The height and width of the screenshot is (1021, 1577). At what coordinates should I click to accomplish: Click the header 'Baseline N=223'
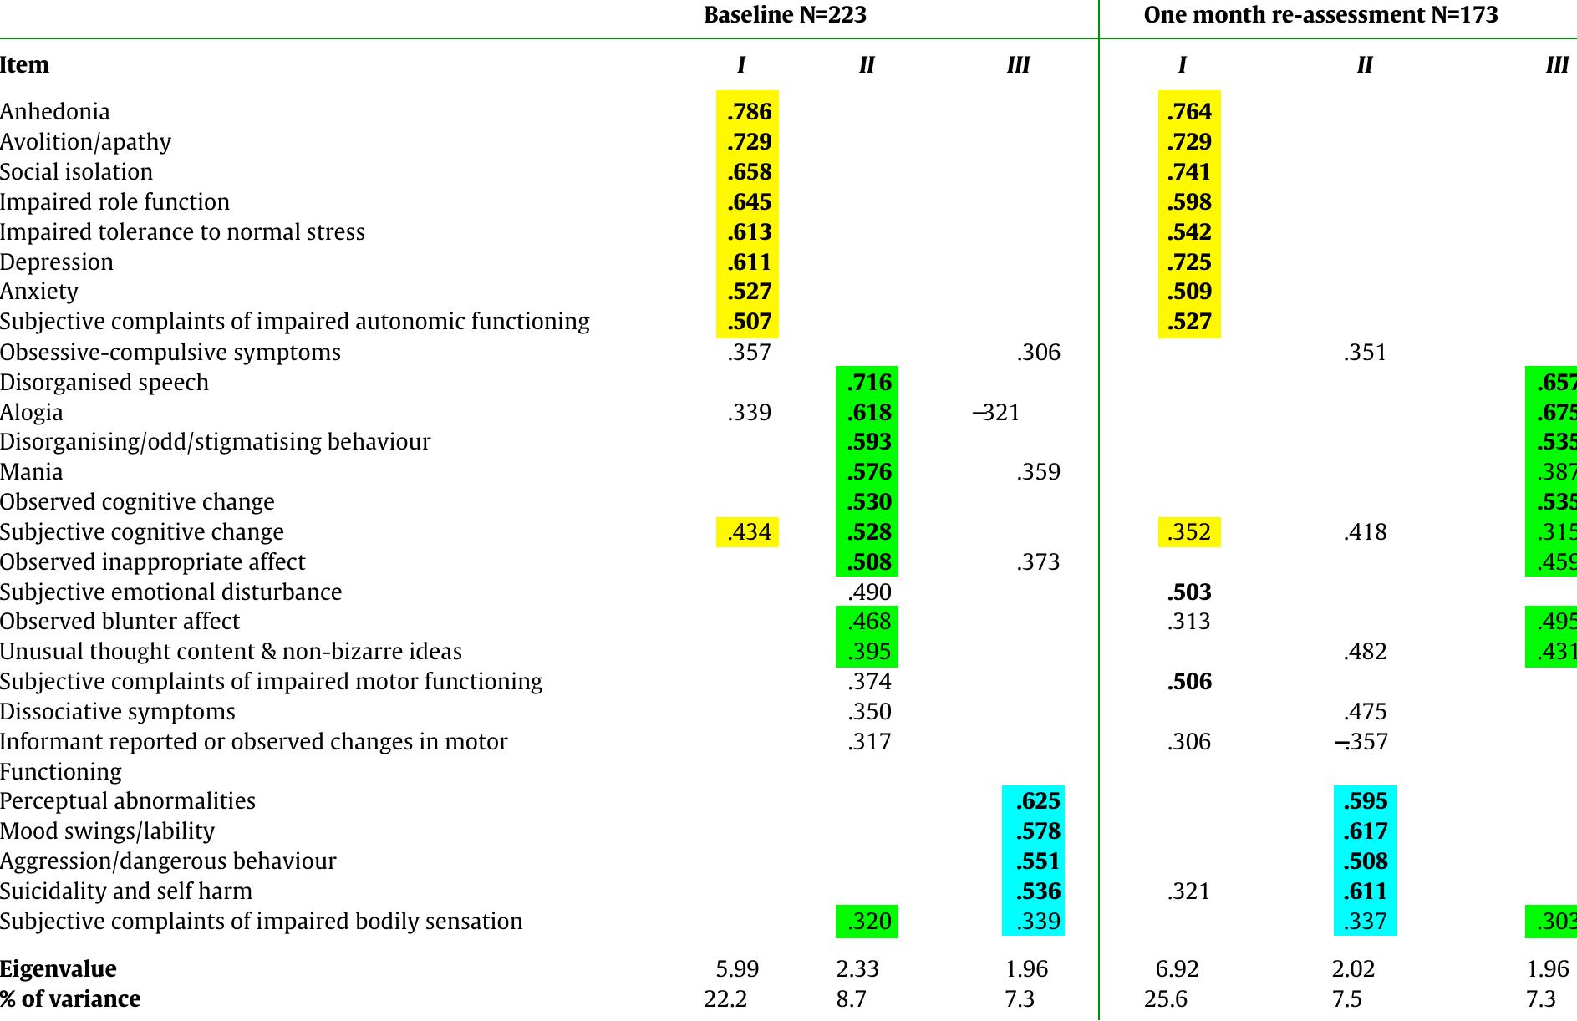785,15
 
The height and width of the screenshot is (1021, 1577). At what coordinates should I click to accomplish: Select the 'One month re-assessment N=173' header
1320,15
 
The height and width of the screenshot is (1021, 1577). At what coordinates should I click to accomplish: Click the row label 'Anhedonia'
55,112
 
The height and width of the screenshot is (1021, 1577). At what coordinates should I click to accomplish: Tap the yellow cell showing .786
749,112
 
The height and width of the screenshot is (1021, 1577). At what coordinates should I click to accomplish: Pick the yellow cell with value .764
1189,112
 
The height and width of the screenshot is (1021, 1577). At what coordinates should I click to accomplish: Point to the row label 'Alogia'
32,413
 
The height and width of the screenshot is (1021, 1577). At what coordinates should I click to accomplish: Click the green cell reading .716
868,383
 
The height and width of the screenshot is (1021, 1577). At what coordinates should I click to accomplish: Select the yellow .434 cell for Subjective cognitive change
749,532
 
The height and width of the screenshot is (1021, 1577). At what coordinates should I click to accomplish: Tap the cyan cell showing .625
1037,801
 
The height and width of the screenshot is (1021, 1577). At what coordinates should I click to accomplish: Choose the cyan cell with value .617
1366,831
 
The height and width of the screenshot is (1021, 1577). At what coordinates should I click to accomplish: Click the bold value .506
1189,682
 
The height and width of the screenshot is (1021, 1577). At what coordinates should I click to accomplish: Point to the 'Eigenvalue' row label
59,969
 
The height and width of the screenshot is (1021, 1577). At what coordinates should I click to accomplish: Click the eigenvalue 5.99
737,969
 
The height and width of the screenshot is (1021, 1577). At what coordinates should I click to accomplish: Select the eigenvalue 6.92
1177,969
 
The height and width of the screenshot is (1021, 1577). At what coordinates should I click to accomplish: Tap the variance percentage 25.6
1165,999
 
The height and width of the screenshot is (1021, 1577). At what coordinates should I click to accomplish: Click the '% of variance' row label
70,999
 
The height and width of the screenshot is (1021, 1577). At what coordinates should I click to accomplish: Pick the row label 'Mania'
32,472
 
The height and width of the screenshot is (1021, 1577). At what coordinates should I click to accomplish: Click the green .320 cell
868,922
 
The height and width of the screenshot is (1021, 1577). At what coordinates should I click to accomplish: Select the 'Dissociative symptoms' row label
118,712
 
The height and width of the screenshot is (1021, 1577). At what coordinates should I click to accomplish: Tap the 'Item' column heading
25,65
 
